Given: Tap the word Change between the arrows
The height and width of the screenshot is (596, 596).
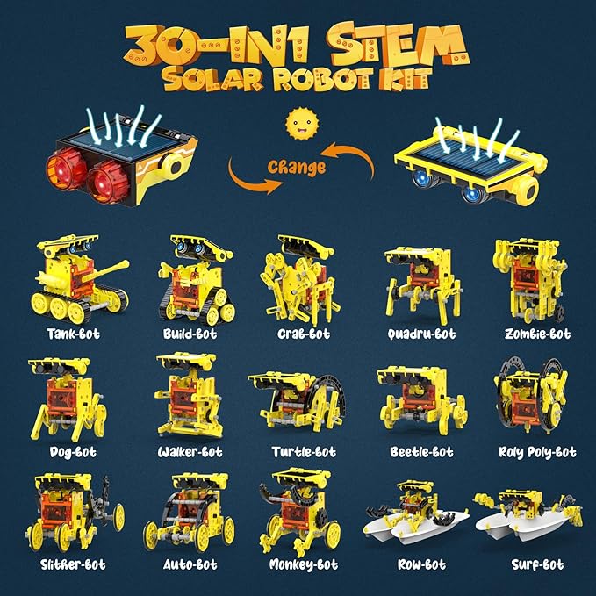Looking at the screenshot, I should [298, 166].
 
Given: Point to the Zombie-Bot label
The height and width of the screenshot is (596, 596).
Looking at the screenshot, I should [537, 334].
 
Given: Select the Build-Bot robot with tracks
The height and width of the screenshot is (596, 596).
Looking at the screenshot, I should [191, 279].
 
